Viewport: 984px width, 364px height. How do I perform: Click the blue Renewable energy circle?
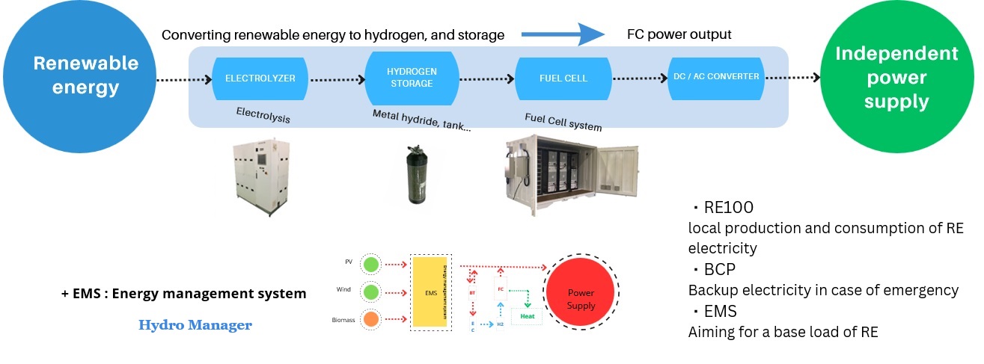click(78, 76)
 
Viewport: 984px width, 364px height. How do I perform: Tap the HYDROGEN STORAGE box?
click(411, 78)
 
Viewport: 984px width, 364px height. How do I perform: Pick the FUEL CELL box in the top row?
click(563, 78)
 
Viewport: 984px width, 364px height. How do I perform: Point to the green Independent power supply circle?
click(896, 78)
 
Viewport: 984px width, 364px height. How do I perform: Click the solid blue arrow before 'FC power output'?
click(562, 34)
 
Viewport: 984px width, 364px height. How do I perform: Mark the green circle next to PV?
click(370, 264)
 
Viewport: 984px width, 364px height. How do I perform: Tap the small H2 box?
click(500, 325)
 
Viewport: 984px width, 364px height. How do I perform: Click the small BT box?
click(472, 294)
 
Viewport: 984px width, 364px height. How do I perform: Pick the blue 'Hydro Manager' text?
click(195, 325)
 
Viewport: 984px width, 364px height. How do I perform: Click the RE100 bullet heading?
click(722, 207)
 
